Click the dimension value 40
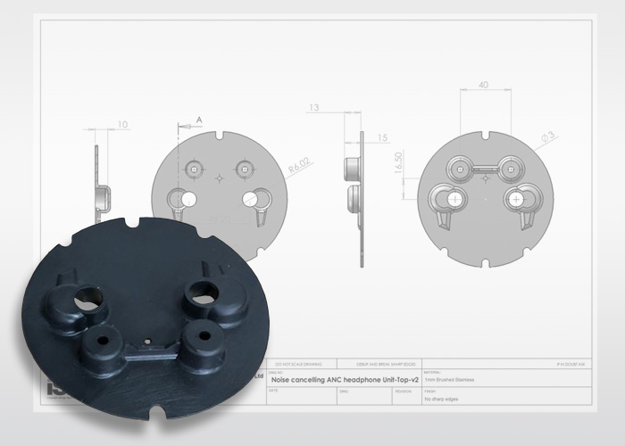[x=484, y=86]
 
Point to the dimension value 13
[x=313, y=108]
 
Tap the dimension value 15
[x=383, y=137]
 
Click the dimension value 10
[x=122, y=124]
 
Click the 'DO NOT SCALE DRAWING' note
[x=299, y=363]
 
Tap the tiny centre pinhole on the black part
[x=146, y=341]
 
